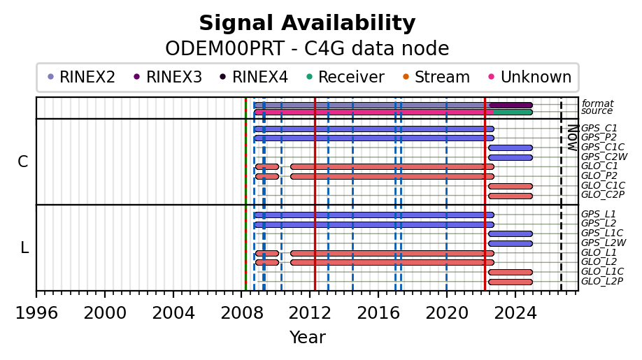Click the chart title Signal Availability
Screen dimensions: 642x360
pyautogui.click(x=307, y=23)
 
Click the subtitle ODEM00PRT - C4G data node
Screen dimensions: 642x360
pyautogui.click(x=307, y=49)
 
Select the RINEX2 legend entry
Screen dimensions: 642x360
pyautogui.click(x=82, y=77)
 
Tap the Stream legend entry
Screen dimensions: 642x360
pyautogui.click(x=436, y=77)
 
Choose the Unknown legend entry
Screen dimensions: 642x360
pyautogui.click(x=530, y=77)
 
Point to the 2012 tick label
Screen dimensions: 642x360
pyautogui.click(x=310, y=313)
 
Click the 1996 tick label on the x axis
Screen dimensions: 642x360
pyautogui.click(x=36, y=313)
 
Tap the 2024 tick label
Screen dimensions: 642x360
pyautogui.click(x=515, y=313)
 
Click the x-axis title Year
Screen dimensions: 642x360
pyautogui.click(x=308, y=338)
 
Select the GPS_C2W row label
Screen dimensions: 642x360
pyautogui.click(x=604, y=157)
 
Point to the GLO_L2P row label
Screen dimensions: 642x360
pyautogui.click(x=602, y=281)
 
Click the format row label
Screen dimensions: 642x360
pyautogui.click(x=597, y=103)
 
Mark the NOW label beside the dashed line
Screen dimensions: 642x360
pyautogui.click(x=573, y=138)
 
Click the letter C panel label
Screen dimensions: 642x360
pyautogui.click(x=23, y=162)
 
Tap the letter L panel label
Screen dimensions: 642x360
pyautogui.click(x=24, y=247)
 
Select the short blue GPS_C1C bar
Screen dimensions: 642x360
pyautogui.click(x=510, y=147)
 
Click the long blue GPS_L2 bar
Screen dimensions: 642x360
pyautogui.click(x=374, y=224)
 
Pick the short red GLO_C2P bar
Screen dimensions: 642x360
pyautogui.click(x=510, y=196)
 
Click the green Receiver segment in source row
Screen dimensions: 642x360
pyautogui.click(x=513, y=112)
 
